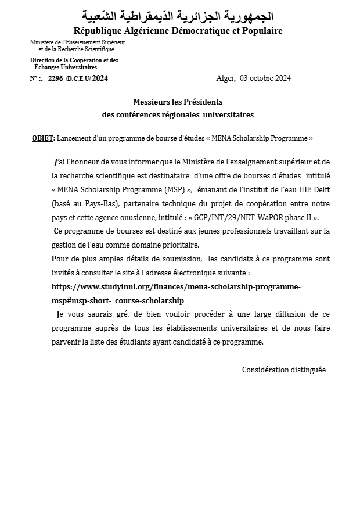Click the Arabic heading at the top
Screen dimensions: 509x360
tap(178, 16)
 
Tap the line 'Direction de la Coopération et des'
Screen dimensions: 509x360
tap(74, 60)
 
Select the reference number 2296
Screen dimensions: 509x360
tap(55, 78)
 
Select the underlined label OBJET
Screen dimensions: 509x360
tap(42, 138)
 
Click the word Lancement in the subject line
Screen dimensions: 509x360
tap(73, 138)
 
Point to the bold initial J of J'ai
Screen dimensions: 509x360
tap(55, 162)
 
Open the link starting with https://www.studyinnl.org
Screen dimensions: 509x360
tap(176, 286)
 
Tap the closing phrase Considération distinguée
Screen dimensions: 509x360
tap(283, 370)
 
